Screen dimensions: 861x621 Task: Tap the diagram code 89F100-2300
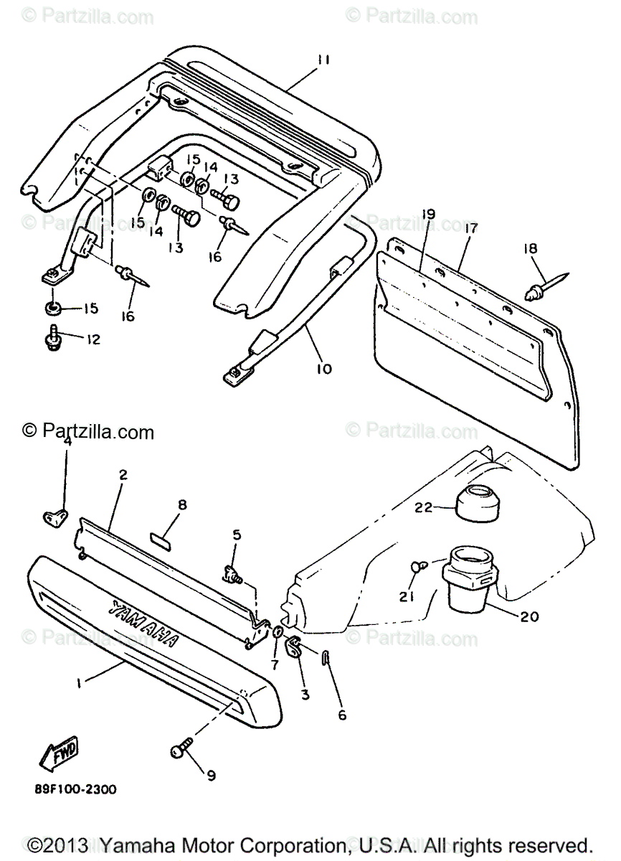point(75,789)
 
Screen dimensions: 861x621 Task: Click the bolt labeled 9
point(180,750)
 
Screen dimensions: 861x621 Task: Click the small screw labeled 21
point(418,567)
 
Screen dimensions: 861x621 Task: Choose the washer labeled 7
point(278,632)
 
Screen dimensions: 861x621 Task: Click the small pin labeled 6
point(326,657)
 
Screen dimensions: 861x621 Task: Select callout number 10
point(323,369)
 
